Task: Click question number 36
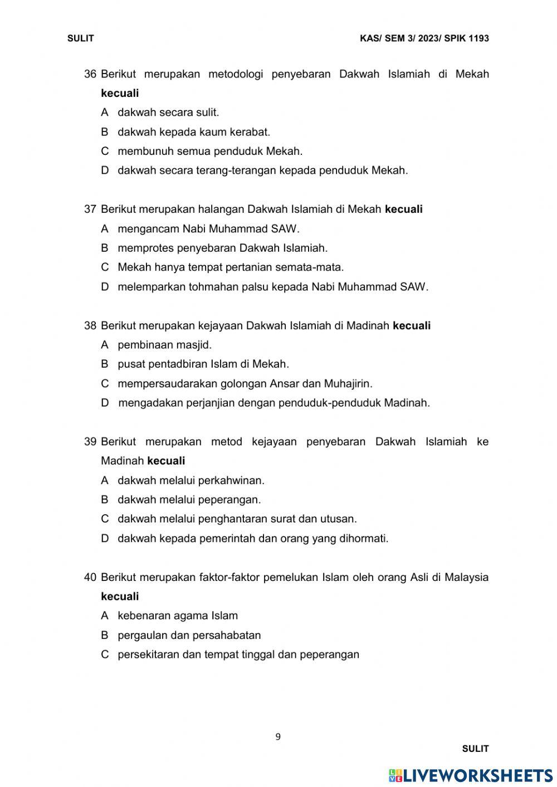(x=90, y=74)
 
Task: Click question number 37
(x=90, y=209)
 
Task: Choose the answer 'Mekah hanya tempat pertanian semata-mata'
(x=230, y=267)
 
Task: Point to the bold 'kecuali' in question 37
(x=404, y=209)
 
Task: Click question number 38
(x=90, y=326)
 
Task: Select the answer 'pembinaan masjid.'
(x=164, y=345)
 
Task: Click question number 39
(x=90, y=442)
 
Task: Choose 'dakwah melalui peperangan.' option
(x=189, y=500)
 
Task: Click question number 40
(x=90, y=578)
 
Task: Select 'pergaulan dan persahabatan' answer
(x=189, y=636)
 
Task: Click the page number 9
(x=278, y=737)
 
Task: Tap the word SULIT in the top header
(x=81, y=38)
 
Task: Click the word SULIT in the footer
(x=475, y=749)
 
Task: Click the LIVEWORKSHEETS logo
(x=471, y=776)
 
